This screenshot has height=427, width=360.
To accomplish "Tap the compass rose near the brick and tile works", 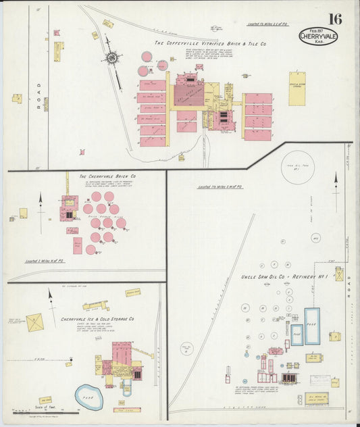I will click(111, 58).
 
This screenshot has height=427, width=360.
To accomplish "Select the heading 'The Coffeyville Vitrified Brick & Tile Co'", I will click(210, 44).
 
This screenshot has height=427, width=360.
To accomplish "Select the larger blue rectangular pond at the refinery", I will click(311, 326).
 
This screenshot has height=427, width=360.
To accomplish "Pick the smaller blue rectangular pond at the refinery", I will click(297, 334).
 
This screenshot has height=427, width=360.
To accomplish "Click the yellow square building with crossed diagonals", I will click(35, 322).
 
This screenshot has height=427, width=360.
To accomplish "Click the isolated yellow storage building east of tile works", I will click(297, 89).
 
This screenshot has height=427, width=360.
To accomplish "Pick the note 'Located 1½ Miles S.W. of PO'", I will click(219, 186).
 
